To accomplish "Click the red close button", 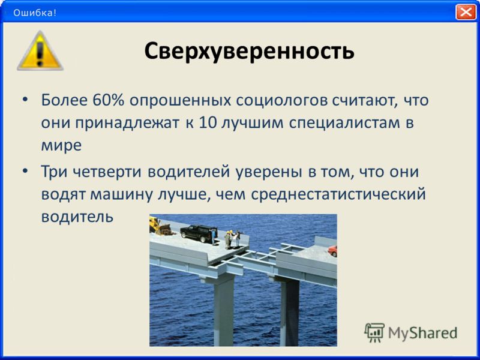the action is point(466,12).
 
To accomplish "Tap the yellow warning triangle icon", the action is point(40,51).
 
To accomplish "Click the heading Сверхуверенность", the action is point(249,51).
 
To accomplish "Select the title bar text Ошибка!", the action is point(35,13).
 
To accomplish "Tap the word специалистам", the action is point(344,124).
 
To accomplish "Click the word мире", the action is point(61,146).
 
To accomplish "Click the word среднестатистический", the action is point(338,194).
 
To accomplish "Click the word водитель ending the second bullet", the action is point(77,217).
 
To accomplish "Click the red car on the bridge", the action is point(332,251).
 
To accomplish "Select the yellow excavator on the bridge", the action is point(159,226).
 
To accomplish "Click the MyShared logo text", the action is point(423,334).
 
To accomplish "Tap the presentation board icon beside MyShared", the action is point(374,332).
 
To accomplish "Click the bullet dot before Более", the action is point(25,100).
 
